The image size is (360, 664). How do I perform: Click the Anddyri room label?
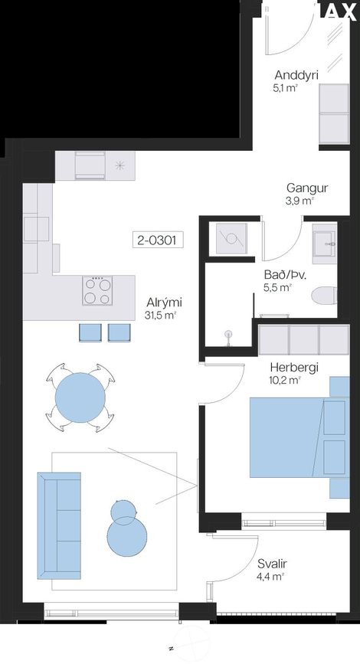pos(296,77)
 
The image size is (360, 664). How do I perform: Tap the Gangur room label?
pos(307,188)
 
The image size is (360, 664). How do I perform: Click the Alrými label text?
pos(165,303)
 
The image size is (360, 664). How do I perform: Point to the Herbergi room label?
pos(295,368)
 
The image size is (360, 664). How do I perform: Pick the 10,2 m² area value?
pos(286,381)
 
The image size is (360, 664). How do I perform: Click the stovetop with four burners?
pos(98,290)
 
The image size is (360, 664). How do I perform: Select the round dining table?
pos(80,397)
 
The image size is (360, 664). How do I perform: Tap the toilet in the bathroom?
pos(325,295)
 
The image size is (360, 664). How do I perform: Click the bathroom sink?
pos(326,245)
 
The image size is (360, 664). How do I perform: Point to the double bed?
pos(299,437)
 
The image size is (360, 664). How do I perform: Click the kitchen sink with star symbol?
pos(120,166)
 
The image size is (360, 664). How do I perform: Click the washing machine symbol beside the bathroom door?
pos(231,239)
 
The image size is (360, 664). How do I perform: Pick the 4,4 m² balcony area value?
pos(271,577)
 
